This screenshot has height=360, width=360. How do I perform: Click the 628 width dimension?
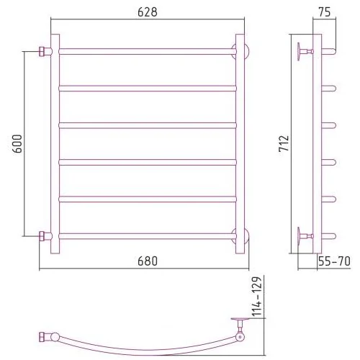148,12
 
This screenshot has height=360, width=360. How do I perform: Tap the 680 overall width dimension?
148,261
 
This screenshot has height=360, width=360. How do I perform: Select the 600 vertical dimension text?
17,144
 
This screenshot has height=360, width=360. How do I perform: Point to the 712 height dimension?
284,143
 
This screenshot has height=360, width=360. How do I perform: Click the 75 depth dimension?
325,12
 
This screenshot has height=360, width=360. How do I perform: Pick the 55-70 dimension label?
334,261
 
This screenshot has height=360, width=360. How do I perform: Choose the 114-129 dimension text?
256,297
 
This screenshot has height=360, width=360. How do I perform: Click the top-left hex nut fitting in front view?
42,51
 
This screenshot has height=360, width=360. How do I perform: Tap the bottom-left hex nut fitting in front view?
42,236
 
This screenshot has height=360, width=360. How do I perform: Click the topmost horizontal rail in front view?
148,51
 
